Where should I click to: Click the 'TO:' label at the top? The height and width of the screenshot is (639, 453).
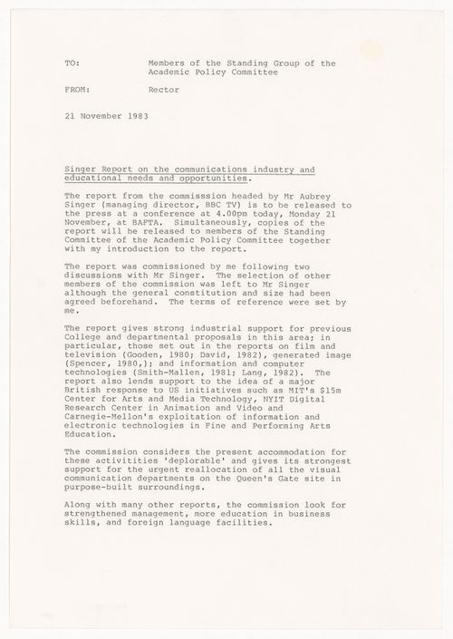[x=72, y=63]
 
